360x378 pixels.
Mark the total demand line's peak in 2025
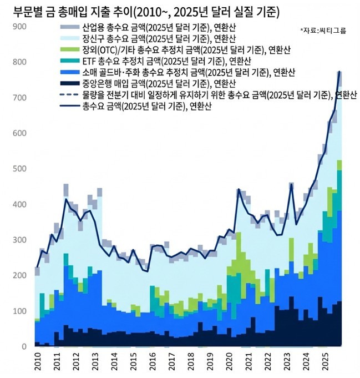pos(339,72)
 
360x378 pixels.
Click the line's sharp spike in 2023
pos(292,184)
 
